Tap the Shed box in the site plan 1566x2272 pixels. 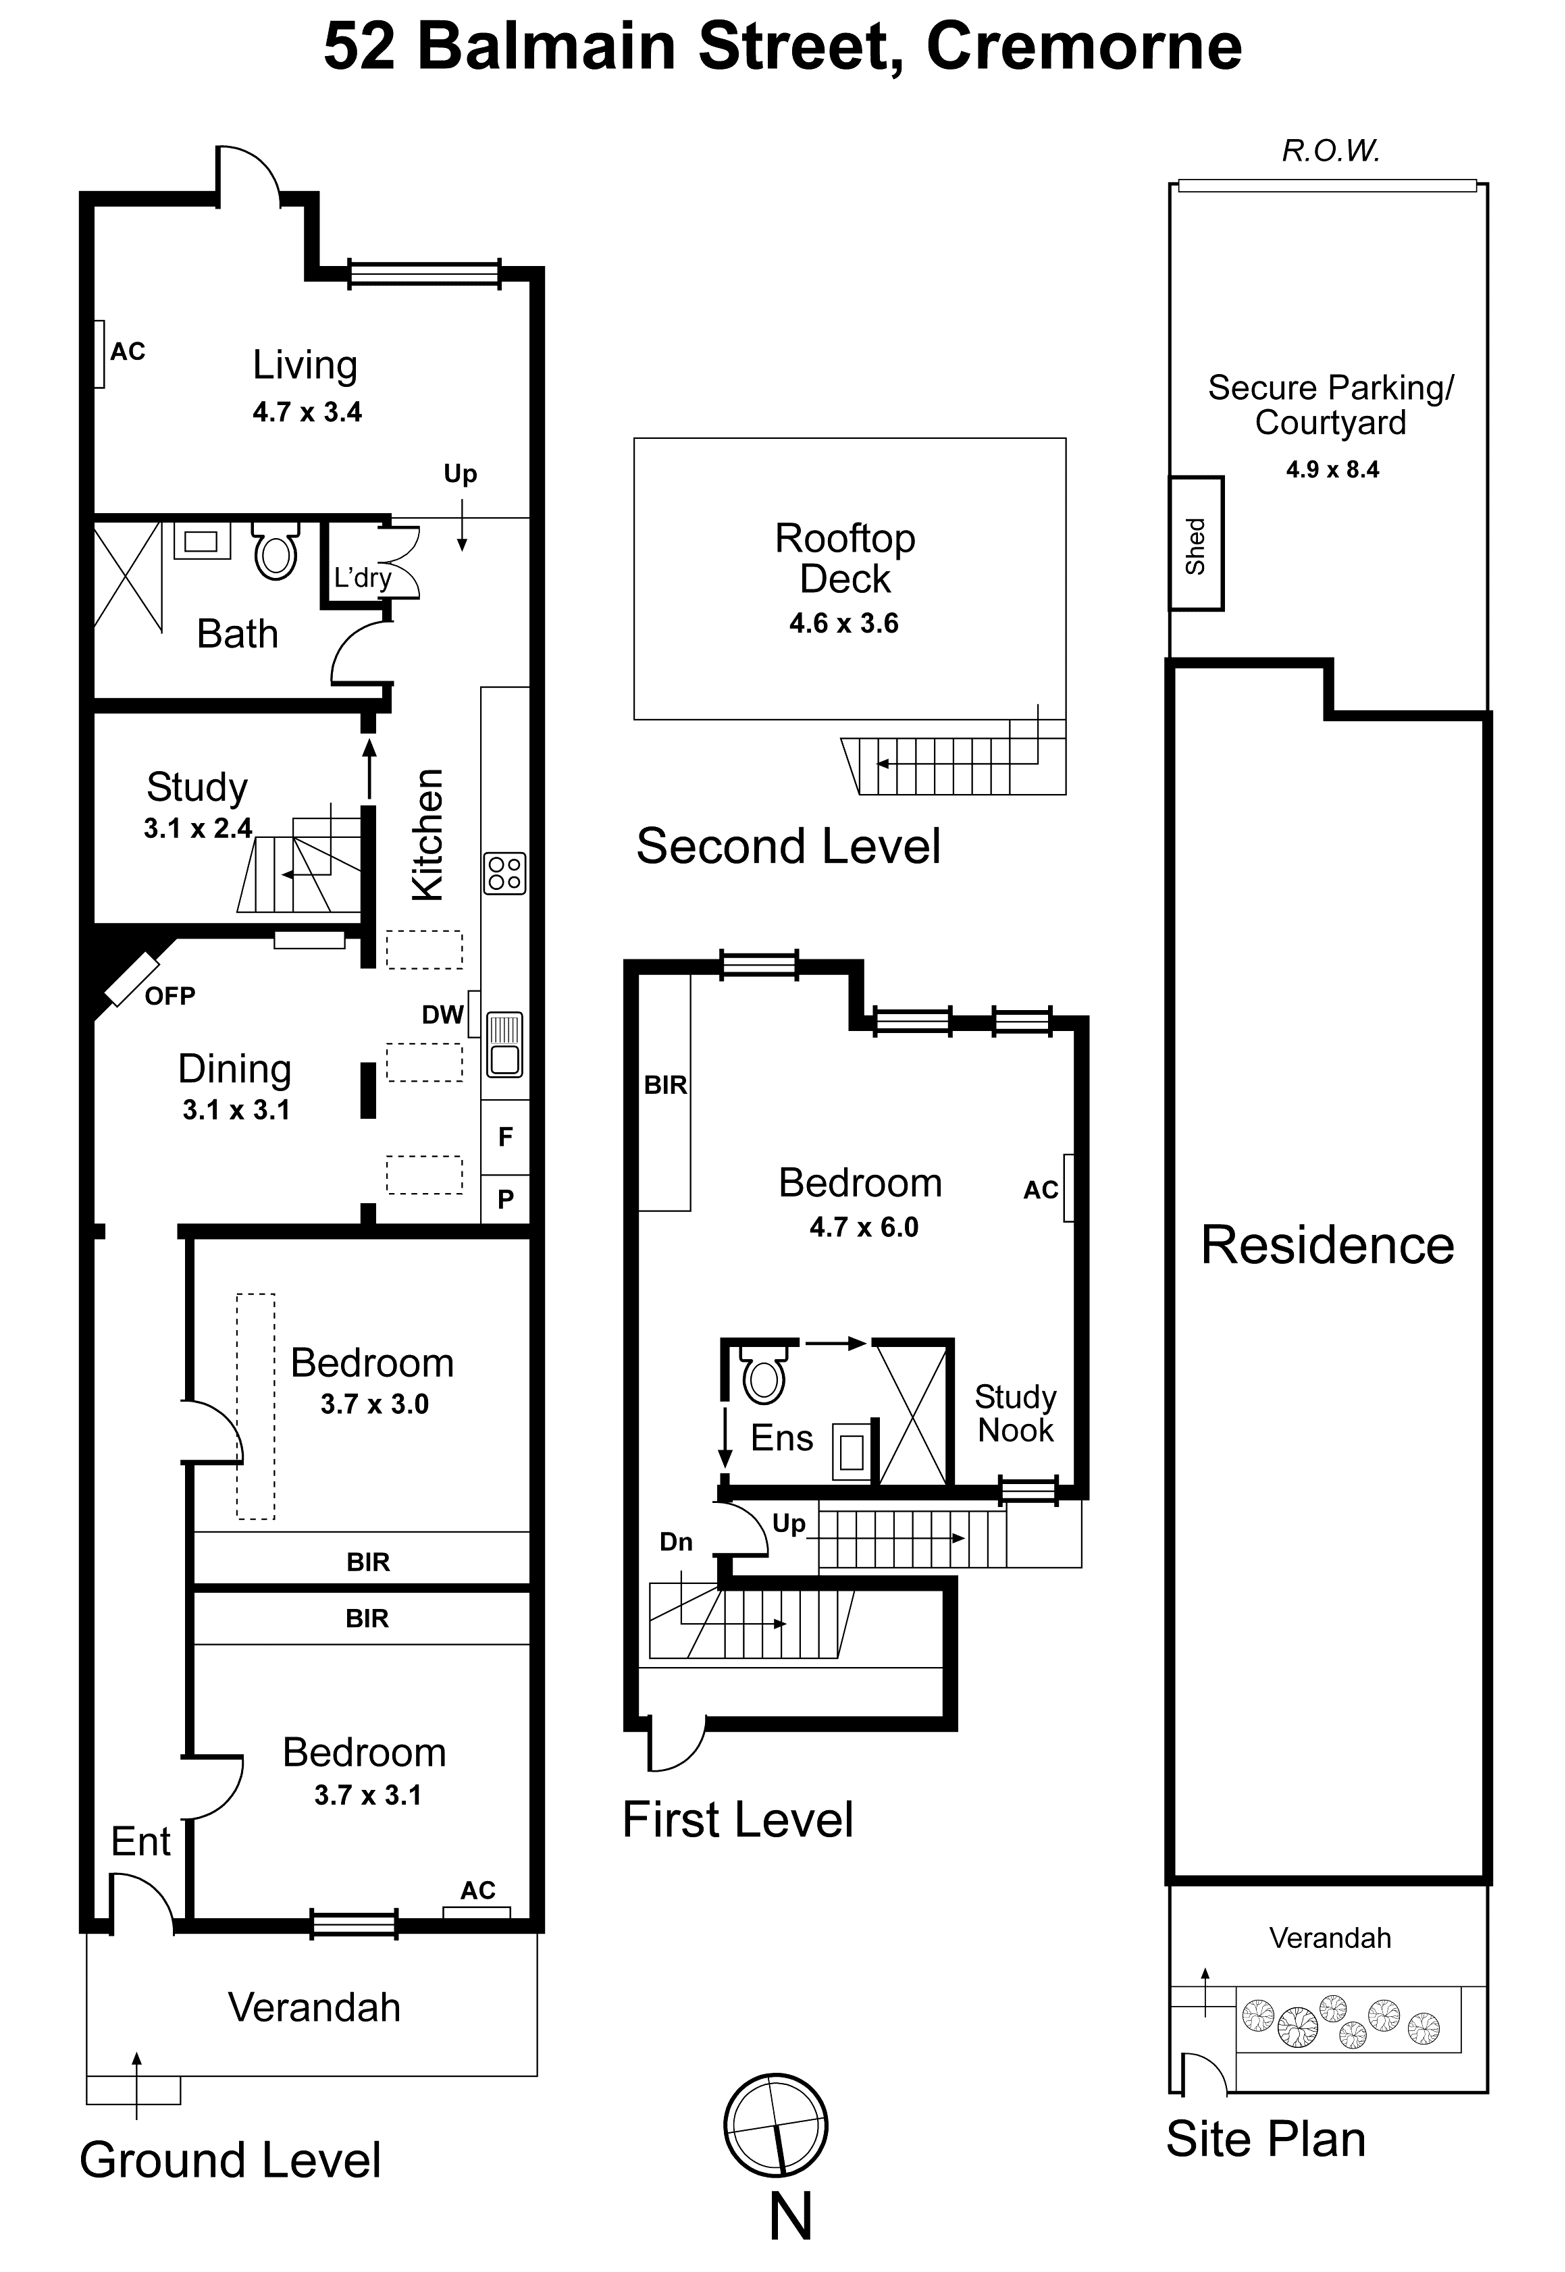[1195, 544]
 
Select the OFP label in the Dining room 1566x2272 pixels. [169, 996]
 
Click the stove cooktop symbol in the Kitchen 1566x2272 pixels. [504, 873]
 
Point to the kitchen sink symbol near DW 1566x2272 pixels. [505, 1044]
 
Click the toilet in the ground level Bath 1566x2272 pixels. [276, 552]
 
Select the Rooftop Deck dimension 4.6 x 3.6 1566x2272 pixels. [844, 623]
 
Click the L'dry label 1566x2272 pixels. [362, 578]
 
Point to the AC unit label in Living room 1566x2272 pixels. [128, 351]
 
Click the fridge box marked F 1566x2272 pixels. [505, 1136]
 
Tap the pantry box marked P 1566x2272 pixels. [505, 1198]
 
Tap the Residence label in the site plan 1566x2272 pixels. [1328, 1245]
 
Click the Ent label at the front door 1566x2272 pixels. [140, 1841]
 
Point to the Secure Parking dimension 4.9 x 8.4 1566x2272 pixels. [1332, 469]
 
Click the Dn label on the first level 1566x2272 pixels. [676, 1541]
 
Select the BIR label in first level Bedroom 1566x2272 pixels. [665, 1085]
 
